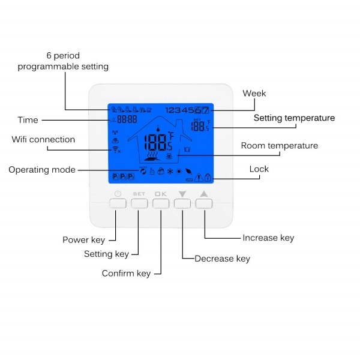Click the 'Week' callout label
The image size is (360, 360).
pyautogui.click(x=254, y=93)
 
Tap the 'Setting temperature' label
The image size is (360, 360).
pyautogui.click(x=294, y=118)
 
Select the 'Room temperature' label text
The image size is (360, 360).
pyautogui.click(x=280, y=146)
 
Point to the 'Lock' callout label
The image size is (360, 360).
pyautogui.click(x=259, y=169)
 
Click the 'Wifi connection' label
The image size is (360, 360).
pyautogui.click(x=43, y=139)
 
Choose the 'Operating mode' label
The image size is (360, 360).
pyautogui.click(x=42, y=170)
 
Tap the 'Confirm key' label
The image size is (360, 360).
pyautogui.click(x=126, y=273)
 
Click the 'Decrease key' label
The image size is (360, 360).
pyautogui.click(x=222, y=259)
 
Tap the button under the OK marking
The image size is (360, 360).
pyautogui.click(x=161, y=203)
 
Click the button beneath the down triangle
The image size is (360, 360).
pyautogui.click(x=182, y=203)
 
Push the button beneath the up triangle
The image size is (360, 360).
pyautogui.click(x=204, y=203)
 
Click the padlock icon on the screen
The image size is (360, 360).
pyautogui.click(x=208, y=177)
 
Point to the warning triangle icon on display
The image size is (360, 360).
pyautogui.click(x=199, y=178)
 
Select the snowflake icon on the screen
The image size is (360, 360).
pyautogui.click(x=170, y=171)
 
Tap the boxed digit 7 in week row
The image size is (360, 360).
pyautogui.click(x=205, y=110)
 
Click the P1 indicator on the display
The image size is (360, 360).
pyautogui.click(x=115, y=176)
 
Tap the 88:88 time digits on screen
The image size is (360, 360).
pyautogui.click(x=127, y=119)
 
